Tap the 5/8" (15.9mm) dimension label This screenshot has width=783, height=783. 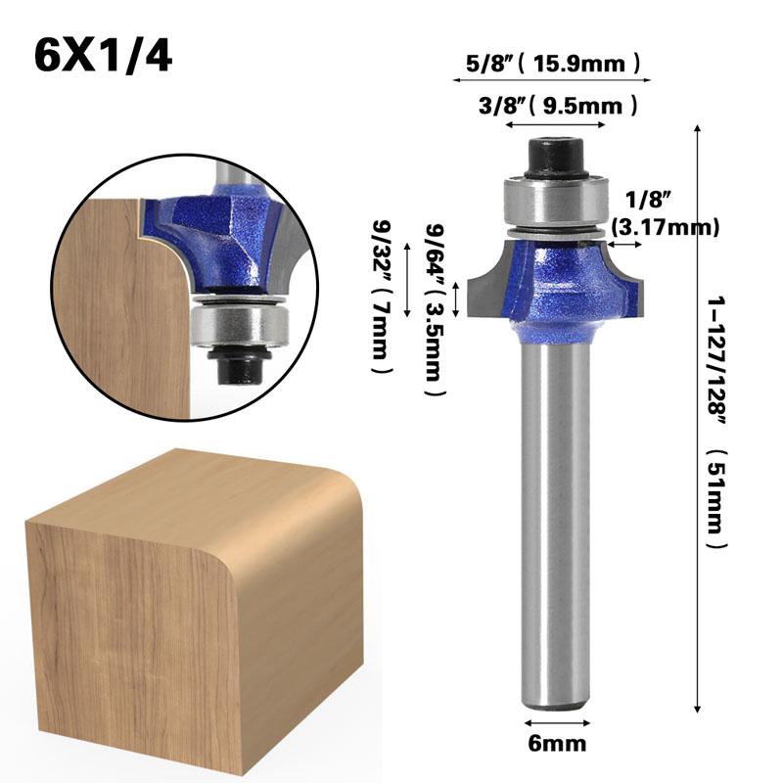point(553,64)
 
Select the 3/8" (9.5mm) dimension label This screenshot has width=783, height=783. point(558,106)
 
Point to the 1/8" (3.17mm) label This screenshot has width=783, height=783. point(666,213)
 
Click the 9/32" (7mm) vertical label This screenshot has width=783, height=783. point(384,298)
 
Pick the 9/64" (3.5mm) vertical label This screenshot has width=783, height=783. point(434,309)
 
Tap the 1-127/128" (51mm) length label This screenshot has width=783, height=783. point(717,422)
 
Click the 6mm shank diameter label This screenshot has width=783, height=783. point(557,744)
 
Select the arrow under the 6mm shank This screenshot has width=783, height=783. point(557,722)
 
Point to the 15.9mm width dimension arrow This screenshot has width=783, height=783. point(552,79)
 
